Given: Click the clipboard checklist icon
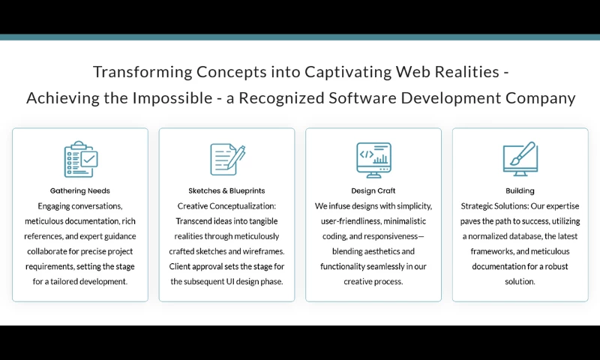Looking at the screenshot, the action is pyautogui.click(x=81, y=159).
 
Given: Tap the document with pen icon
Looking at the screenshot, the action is pyautogui.click(x=228, y=159).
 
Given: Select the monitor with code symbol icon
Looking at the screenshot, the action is pyautogui.click(x=373, y=160).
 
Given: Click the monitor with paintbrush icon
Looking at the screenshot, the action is pyautogui.click(x=520, y=159).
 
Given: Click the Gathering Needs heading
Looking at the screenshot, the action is pyautogui.click(x=80, y=190).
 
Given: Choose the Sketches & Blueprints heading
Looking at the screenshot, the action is pyautogui.click(x=226, y=190).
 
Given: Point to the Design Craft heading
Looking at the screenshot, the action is pyautogui.click(x=373, y=190).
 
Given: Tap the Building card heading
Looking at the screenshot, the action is pyautogui.click(x=520, y=190).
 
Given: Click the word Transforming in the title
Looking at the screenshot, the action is pyautogui.click(x=142, y=72).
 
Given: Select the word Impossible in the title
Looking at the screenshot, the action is pyautogui.click(x=172, y=98).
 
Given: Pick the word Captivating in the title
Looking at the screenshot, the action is pyautogui.click(x=348, y=72).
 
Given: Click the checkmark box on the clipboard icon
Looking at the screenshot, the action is pyautogui.click(x=89, y=159).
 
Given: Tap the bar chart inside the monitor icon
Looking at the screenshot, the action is pyautogui.click(x=380, y=158).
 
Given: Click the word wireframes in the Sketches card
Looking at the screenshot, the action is pyautogui.click(x=265, y=251).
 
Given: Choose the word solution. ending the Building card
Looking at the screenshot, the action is pyautogui.click(x=520, y=281).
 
